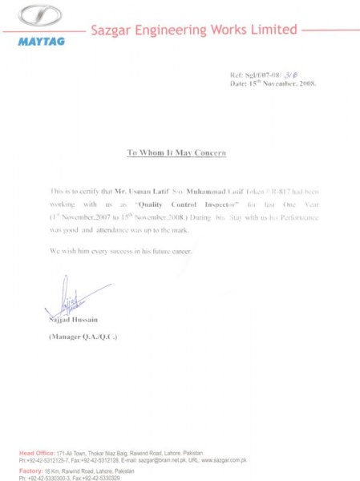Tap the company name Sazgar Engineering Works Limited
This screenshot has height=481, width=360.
tap(194, 30)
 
